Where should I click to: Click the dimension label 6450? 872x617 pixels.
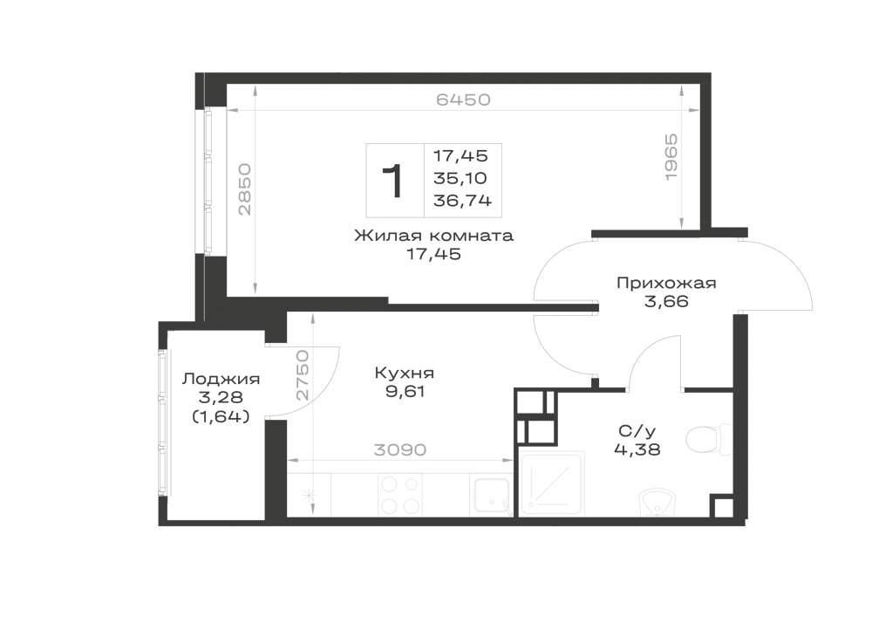point(463,99)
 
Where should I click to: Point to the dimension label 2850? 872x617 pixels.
point(245,189)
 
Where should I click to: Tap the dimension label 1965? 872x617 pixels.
point(671,156)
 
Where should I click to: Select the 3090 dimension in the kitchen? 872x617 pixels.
point(400,449)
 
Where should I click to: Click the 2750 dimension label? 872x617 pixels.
point(302,375)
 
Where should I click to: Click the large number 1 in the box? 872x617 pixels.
point(393,182)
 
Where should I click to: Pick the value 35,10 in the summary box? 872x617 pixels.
point(460,178)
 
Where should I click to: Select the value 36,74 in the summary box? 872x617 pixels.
point(463,201)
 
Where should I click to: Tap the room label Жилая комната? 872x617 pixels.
point(433,236)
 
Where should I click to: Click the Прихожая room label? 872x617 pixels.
point(666,283)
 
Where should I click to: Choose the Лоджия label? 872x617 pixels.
point(221,380)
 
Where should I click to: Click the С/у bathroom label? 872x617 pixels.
point(633,430)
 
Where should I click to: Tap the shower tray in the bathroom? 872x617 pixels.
point(552,483)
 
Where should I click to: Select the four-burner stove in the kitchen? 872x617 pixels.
point(399,495)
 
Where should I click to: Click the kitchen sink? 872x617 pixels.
point(492,495)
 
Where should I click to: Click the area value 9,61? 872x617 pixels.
point(405,392)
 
